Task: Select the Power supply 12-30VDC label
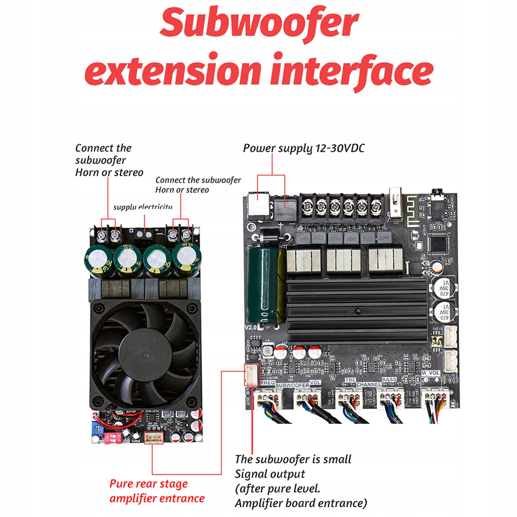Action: coord(304,148)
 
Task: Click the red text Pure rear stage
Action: coord(148,484)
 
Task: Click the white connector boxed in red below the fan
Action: coord(154,438)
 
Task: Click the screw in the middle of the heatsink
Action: coord(358,311)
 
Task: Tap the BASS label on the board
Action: coord(389,379)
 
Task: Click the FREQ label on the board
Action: coord(268,383)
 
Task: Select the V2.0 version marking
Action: coord(250,327)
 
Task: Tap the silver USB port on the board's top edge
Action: coord(396,203)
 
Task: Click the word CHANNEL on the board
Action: coord(368,385)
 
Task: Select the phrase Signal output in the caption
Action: coord(270,474)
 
